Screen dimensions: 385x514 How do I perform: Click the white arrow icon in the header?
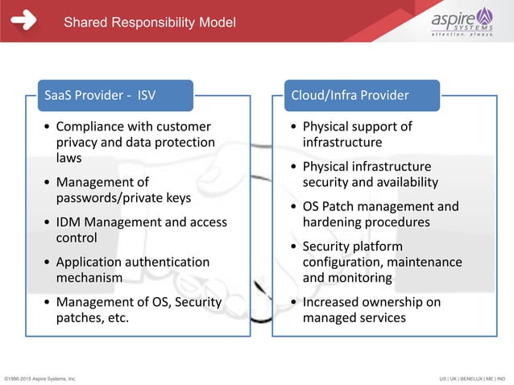coord(23,21)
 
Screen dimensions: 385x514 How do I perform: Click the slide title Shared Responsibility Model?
coord(150,22)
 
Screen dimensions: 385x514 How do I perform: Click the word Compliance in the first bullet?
coord(89,126)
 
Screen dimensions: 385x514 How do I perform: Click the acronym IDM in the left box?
coord(69,221)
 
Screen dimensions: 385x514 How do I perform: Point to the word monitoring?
coord(361,277)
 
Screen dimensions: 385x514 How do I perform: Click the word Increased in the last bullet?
coord(334,302)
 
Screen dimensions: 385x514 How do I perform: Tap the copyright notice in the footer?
coord(40,377)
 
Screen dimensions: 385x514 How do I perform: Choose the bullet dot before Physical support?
coord(293,127)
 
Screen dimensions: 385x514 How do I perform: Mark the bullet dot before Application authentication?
coord(48,263)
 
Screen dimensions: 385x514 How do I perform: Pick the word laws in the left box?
coord(69,158)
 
